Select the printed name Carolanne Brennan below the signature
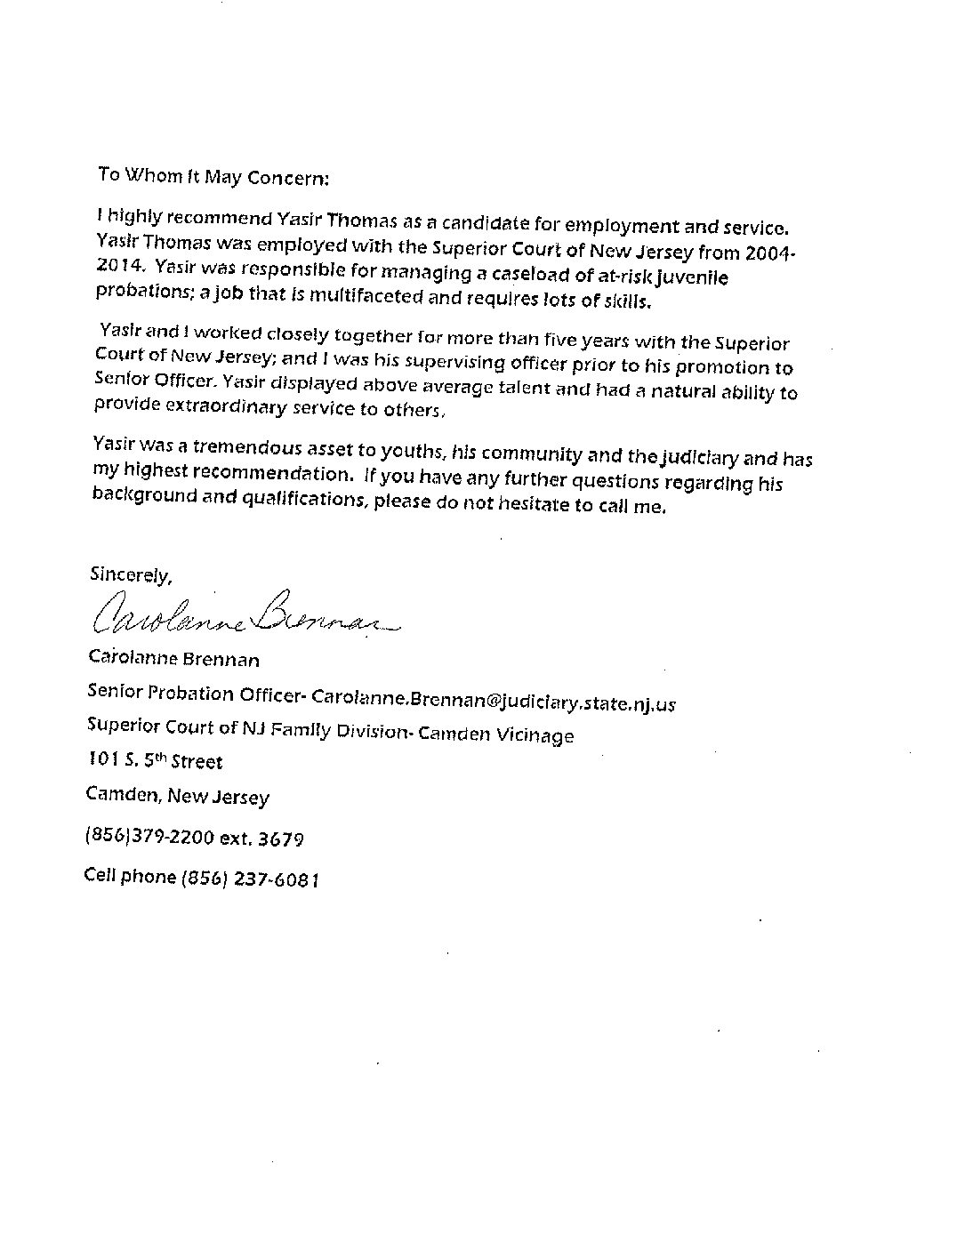click(174, 660)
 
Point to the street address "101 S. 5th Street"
click(155, 761)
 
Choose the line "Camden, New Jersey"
click(178, 797)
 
